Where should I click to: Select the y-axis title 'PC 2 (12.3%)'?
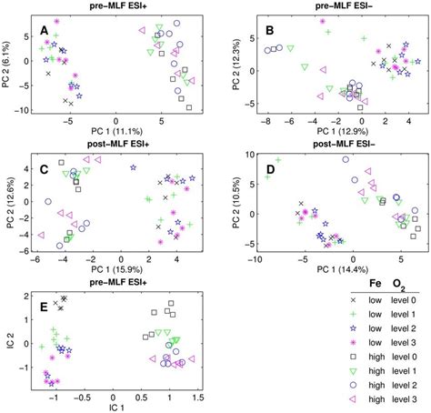235,63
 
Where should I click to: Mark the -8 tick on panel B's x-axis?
266,118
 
